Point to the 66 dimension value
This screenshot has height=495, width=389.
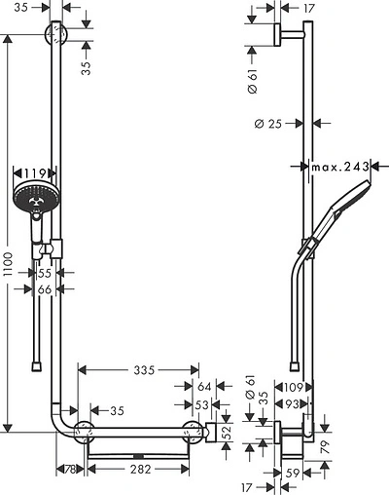45,289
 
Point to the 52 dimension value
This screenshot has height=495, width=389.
226,432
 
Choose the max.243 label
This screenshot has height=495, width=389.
340,168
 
